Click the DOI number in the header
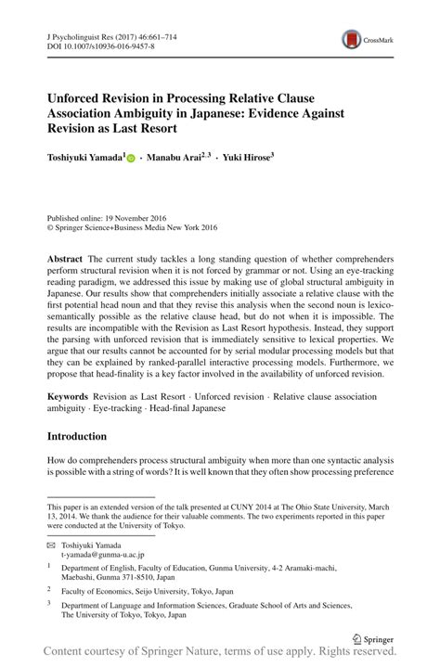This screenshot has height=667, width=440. point(110,45)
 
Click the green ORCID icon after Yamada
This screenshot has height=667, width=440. point(132,159)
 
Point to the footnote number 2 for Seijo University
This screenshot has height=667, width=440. point(49,587)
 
